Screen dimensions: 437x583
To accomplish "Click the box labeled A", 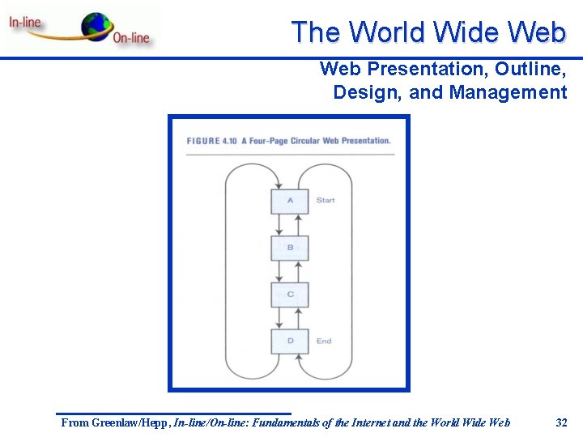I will coord(289,202).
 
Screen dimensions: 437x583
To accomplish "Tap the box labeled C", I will coord(289,295).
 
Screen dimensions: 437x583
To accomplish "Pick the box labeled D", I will coord(289,342).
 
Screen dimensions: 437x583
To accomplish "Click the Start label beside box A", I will coord(326,200).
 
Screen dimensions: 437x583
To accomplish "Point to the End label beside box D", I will coord(324,342).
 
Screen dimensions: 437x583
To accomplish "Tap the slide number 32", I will coord(561,422).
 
